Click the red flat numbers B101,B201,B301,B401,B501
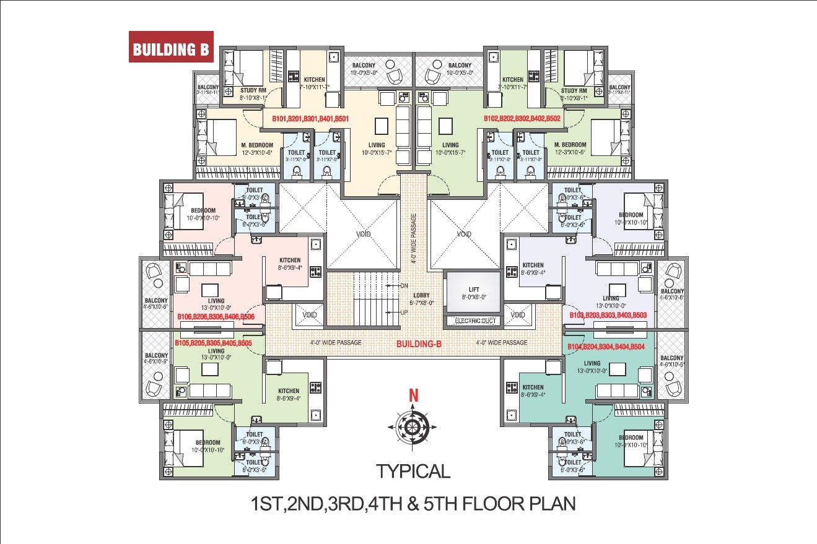point(310,118)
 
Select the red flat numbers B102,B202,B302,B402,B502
point(522,118)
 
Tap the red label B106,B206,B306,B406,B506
point(221,317)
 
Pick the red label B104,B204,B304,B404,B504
point(606,348)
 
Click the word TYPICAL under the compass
point(413,472)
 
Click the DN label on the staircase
point(403,286)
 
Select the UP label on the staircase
point(403,312)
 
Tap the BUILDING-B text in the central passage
point(419,343)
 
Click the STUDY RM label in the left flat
point(253,90)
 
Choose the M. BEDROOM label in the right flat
point(570,145)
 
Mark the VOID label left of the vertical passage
point(362,234)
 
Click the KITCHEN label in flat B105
point(289,391)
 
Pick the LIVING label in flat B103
point(611,298)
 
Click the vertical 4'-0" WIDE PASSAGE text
point(413,238)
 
